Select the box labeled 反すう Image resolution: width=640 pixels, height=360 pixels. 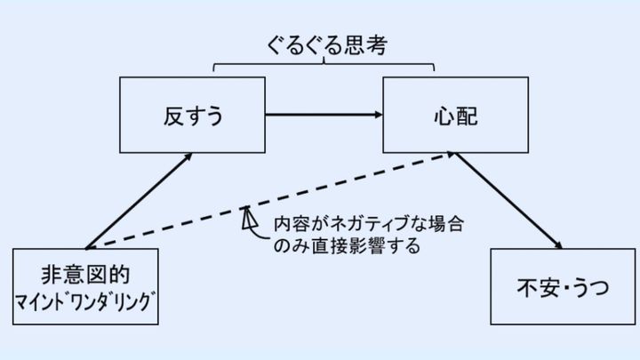coord(192,115)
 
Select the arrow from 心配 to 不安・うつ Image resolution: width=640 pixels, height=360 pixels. coord(510,201)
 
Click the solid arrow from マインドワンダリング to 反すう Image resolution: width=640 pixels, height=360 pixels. coord(138,202)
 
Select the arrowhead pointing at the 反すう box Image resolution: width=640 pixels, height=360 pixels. coord(189,157)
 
